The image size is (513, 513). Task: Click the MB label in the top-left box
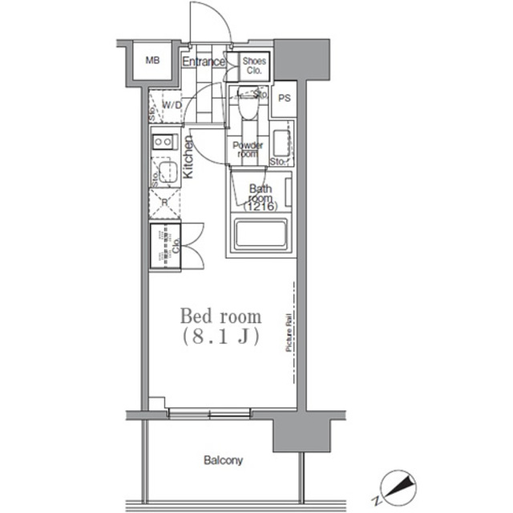click(x=151, y=59)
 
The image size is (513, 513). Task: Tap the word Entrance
click(x=203, y=61)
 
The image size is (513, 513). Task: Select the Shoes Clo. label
click(x=255, y=65)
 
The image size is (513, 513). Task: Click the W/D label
click(x=172, y=105)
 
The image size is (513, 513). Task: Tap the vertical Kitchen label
click(x=189, y=156)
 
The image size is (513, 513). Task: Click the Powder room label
click(x=247, y=149)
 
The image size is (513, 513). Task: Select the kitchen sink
click(x=167, y=172)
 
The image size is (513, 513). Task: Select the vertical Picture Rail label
click(x=286, y=337)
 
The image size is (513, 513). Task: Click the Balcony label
click(x=223, y=461)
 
